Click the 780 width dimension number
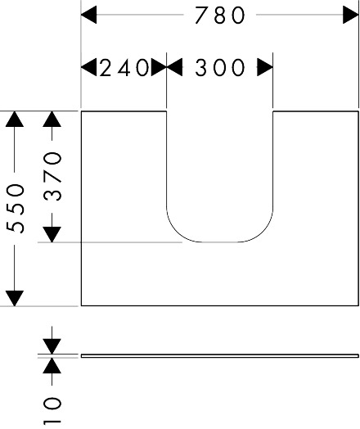pyautogui.click(x=220, y=16)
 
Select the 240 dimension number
pyautogui.click(x=124, y=67)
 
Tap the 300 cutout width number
pyautogui.click(x=220, y=68)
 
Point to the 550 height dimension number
pyautogui.click(x=16, y=209)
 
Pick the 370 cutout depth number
pyautogui.click(x=52, y=177)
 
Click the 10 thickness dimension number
pyautogui.click(x=52, y=410)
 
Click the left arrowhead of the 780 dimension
pyautogui.click(x=89, y=15)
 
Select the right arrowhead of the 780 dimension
pyautogui.click(x=351, y=15)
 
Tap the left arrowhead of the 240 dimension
pyautogui.click(x=89, y=67)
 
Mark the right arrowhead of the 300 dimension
pyautogui.click(x=265, y=67)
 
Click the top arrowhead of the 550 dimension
pyautogui.click(x=15, y=119)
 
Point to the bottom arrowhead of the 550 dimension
pyautogui.click(x=15, y=298)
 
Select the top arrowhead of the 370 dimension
pyautogui.click(x=52, y=119)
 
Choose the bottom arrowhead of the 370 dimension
pyautogui.click(x=52, y=234)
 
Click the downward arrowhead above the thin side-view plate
pyautogui.click(x=52, y=346)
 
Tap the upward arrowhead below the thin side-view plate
pyautogui.click(x=52, y=365)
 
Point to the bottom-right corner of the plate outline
pyautogui.click(x=358, y=305)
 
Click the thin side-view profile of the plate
pyautogui.click(x=220, y=355)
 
